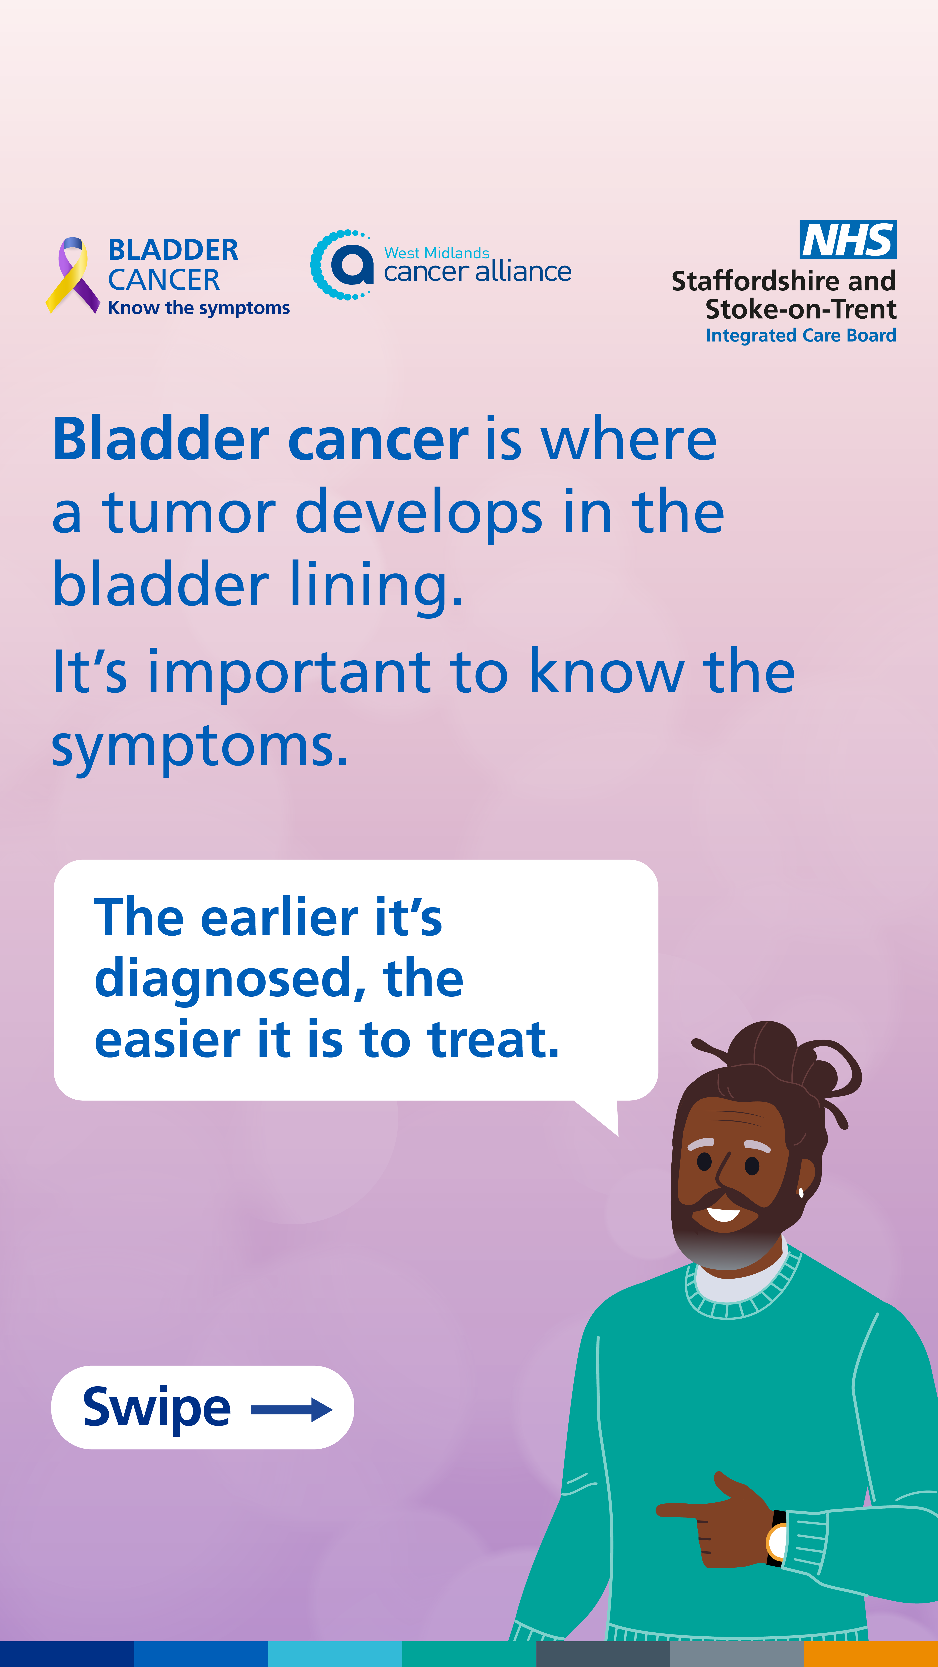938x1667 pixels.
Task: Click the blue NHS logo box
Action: (x=848, y=239)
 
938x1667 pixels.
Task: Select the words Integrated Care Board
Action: (x=801, y=335)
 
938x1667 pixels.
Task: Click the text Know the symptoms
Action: (x=199, y=308)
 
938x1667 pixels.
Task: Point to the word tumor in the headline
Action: (x=189, y=513)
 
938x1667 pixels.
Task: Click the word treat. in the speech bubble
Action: (x=493, y=1040)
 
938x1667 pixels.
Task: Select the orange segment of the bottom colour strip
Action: (x=871, y=1654)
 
